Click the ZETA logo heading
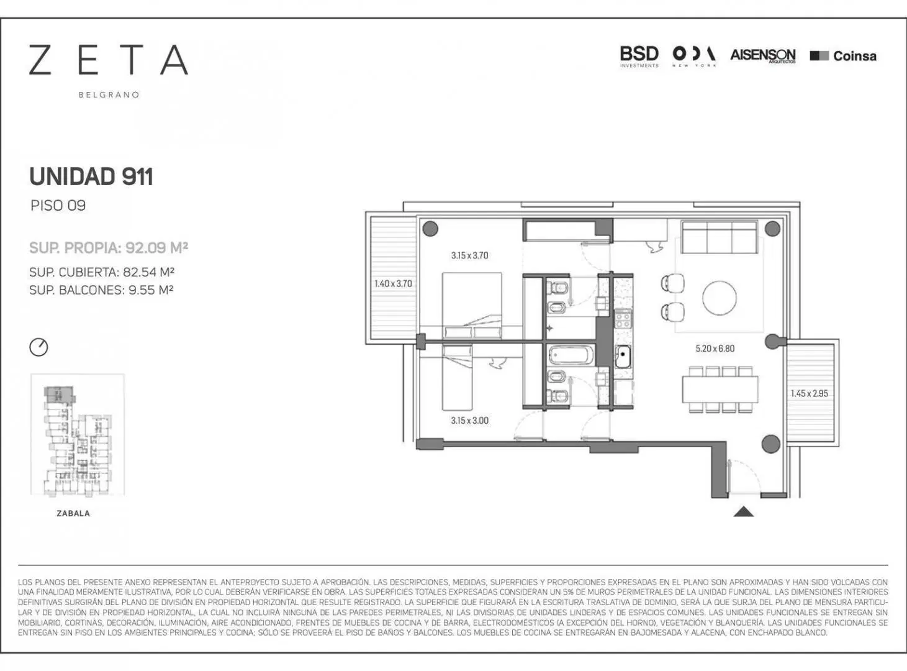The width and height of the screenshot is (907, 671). coord(109,60)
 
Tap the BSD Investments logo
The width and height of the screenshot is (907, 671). coord(639,57)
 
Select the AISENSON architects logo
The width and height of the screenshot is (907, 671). coord(762,56)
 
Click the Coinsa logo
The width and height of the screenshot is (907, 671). coord(843,56)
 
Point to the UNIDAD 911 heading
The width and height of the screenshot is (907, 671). coord(91,177)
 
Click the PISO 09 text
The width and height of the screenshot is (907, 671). coord(58,205)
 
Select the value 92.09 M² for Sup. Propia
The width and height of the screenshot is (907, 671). coord(156,248)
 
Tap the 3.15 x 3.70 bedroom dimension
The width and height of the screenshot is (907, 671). coord(469,255)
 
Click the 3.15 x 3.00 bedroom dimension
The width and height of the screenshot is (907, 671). coord(469,421)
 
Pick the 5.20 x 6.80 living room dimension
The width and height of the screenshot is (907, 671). coord(715,349)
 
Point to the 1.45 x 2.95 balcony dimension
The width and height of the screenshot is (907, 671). coord(809,393)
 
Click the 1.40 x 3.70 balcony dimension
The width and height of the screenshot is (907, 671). coord(393,283)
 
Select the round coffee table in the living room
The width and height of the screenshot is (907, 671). coord(720,298)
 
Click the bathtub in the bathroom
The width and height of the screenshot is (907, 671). coord(571,355)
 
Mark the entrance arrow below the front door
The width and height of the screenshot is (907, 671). coord(744,512)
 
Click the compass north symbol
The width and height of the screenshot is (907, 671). coord(39,347)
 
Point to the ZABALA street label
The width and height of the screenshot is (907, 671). coord(73,513)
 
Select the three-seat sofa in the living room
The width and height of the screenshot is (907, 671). coord(719,237)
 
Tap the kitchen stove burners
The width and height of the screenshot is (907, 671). coord(623,319)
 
